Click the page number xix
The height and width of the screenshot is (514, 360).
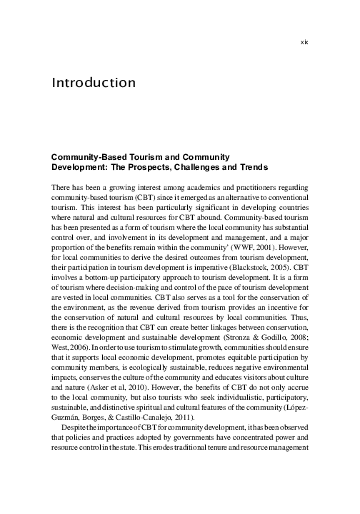[x=304, y=42]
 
